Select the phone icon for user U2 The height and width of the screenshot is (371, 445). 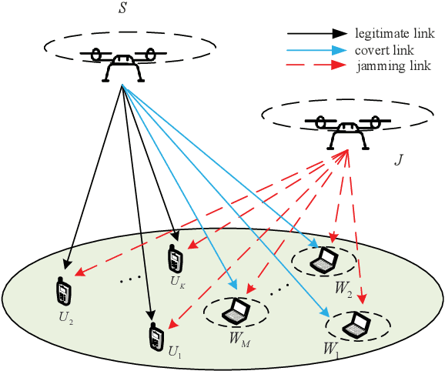[x=62, y=291]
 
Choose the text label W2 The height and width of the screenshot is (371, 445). [x=343, y=290]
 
